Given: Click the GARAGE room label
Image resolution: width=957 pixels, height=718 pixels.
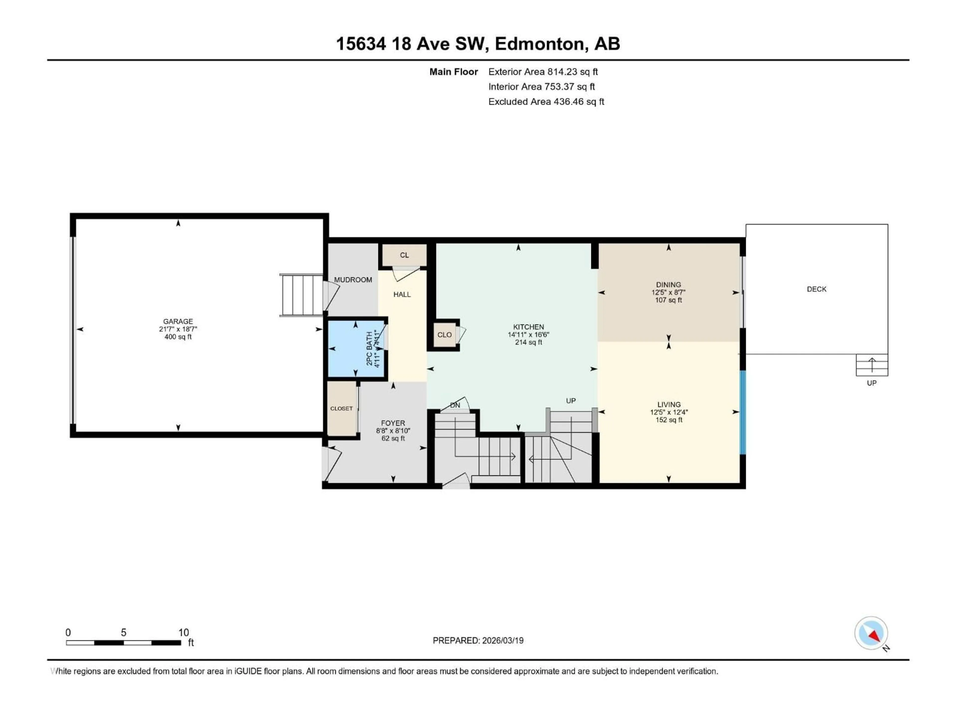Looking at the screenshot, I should pos(178,321).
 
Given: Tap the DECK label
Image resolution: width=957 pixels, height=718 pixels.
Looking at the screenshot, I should pos(816,289).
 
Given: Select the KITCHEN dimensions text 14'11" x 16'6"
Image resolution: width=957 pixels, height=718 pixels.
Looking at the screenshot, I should pos(528,335).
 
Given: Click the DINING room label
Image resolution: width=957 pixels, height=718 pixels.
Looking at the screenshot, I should pos(668,285).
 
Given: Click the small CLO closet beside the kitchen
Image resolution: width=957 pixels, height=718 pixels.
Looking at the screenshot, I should pos(444,335).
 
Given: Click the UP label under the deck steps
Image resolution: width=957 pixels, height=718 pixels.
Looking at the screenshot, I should pos(871,383).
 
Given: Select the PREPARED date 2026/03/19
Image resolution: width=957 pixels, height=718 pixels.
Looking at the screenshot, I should pos(478,640).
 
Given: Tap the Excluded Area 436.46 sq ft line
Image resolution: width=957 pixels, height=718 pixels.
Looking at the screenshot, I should pos(546,102).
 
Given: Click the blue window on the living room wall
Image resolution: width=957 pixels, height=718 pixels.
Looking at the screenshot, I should pos(743,412).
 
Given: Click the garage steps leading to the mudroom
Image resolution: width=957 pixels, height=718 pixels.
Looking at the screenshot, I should pos(302,295).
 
